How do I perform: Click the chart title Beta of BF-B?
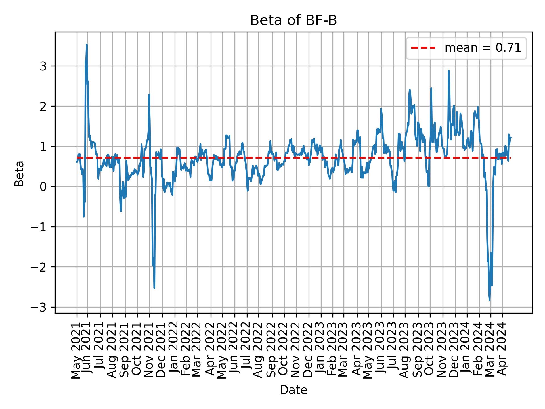293,20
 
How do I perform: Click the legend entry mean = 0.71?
483,48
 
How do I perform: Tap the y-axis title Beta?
19,174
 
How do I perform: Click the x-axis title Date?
293,390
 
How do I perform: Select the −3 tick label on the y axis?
43,307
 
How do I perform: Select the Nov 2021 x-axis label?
149,352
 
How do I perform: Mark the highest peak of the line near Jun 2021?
87,45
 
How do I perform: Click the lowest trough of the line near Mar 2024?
489,300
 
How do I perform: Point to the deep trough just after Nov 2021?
154,288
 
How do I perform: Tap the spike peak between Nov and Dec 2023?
448,71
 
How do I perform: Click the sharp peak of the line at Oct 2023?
431,88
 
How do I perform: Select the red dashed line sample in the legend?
423,48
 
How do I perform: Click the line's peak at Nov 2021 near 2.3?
149,95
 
